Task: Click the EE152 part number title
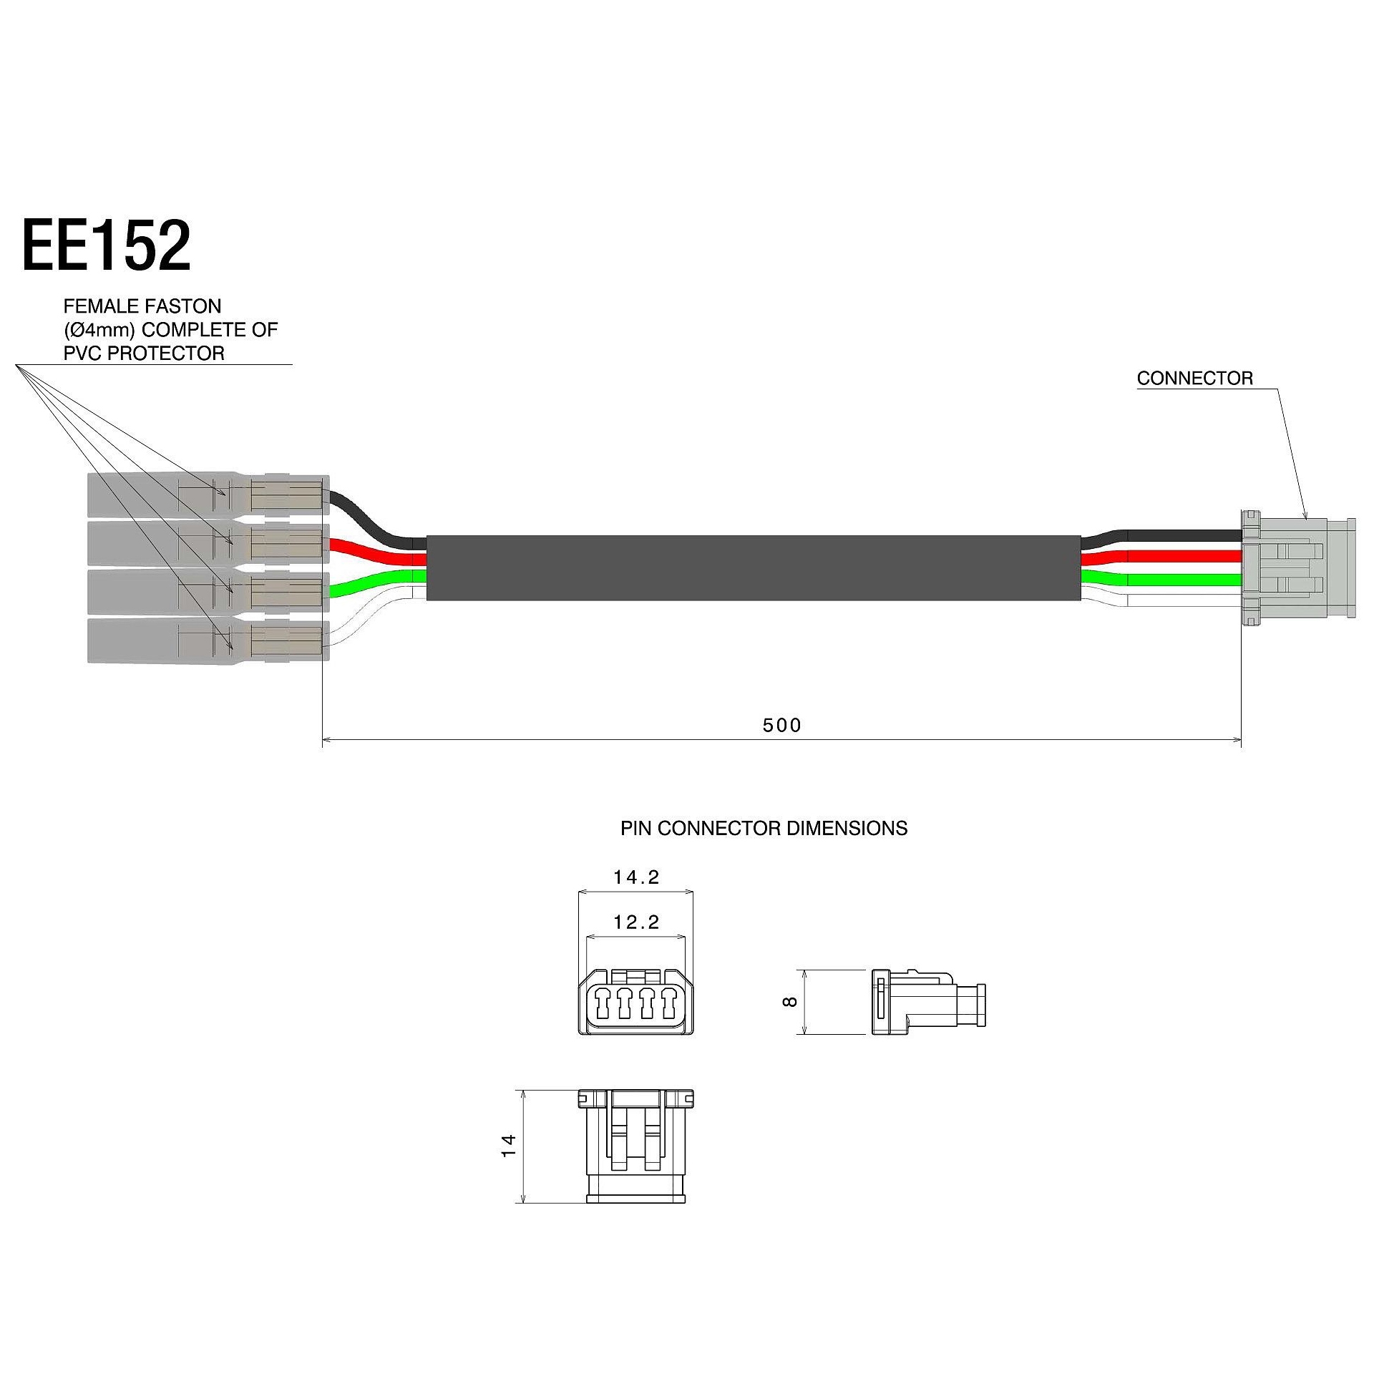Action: tap(107, 245)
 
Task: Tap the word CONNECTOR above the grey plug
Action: tap(1195, 379)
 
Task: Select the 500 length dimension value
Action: tap(782, 726)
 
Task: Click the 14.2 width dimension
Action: tap(636, 877)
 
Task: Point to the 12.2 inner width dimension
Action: tap(636, 922)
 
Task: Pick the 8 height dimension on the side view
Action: tap(791, 1002)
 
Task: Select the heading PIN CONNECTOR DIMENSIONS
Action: tap(764, 829)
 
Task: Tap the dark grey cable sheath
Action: tap(754, 568)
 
